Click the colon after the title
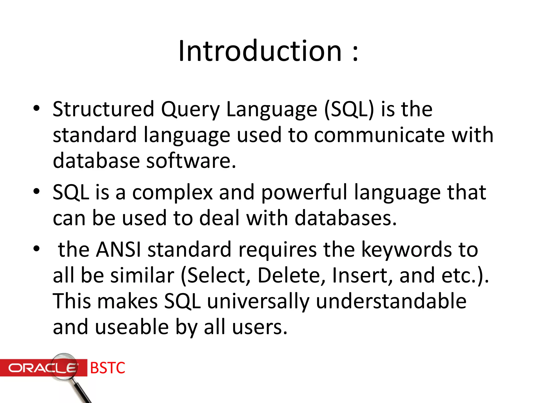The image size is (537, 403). point(355,52)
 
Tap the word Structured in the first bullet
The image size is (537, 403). point(103,109)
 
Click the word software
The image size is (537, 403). point(191,161)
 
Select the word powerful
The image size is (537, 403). point(304,193)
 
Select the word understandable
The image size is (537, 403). point(391,301)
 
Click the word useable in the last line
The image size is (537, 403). point(132,327)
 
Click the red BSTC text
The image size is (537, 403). point(108,368)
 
